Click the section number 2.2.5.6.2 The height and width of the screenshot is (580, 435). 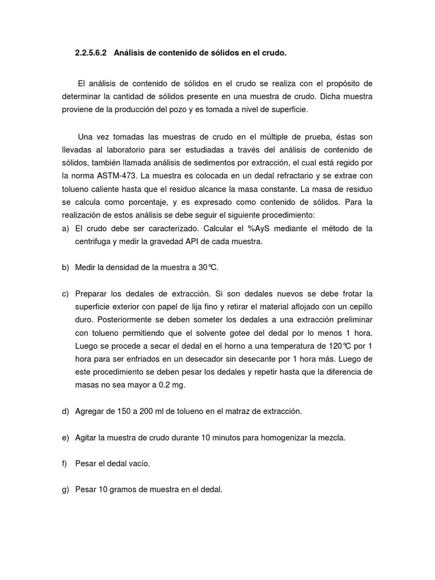(92, 53)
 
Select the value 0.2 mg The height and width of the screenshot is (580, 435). (170, 385)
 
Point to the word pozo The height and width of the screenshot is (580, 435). (180, 110)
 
